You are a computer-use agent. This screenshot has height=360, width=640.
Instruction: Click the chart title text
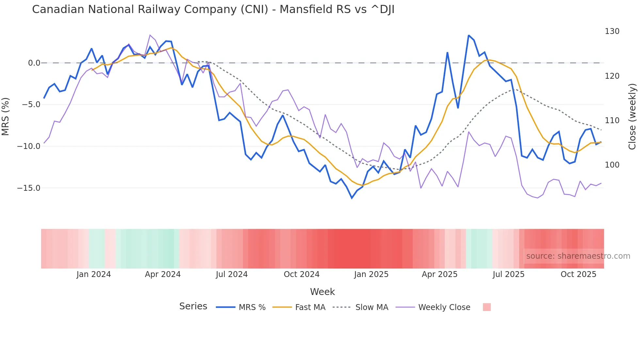(213, 9)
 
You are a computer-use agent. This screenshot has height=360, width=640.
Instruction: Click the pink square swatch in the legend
(487, 307)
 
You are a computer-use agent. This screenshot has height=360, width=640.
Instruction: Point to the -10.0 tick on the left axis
(29, 146)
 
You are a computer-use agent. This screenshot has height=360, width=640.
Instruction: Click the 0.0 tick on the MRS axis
(34, 63)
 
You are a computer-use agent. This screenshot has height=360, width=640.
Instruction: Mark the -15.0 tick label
(29, 188)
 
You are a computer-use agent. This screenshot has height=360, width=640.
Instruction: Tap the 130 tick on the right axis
(612, 31)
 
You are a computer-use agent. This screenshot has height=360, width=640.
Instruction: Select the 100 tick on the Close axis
(612, 165)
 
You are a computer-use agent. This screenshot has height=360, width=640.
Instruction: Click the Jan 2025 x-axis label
(371, 274)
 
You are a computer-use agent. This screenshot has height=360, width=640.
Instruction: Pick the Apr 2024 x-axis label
(163, 274)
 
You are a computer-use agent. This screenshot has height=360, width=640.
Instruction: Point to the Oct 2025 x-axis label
(578, 274)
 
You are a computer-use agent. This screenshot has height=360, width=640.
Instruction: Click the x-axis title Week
(322, 292)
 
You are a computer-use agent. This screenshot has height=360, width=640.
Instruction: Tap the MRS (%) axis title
(6, 116)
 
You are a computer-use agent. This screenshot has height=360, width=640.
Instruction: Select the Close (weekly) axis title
(632, 116)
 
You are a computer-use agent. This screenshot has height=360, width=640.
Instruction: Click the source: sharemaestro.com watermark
(578, 256)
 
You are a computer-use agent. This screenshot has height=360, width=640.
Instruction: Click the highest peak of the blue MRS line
(469, 35)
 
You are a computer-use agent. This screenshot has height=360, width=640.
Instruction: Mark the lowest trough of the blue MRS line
(352, 198)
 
